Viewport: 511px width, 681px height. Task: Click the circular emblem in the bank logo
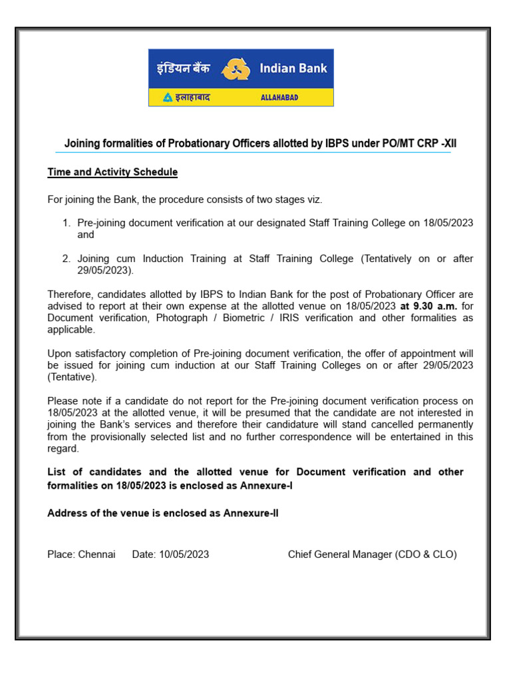pyautogui.click(x=236, y=69)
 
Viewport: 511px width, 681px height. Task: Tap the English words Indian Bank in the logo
pyautogui.click(x=293, y=68)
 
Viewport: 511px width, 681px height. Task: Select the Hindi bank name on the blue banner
pyautogui.click(x=184, y=68)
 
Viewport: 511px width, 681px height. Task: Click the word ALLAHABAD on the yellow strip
pyautogui.click(x=279, y=98)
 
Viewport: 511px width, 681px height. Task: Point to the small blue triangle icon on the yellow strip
pyautogui.click(x=168, y=98)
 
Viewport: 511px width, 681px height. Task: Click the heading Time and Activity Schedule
pyautogui.click(x=112, y=172)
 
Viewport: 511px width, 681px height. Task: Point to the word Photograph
pyautogui.click(x=180, y=318)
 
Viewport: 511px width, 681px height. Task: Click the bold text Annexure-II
pyautogui.click(x=251, y=513)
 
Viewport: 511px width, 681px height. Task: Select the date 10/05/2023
pyautogui.click(x=184, y=554)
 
